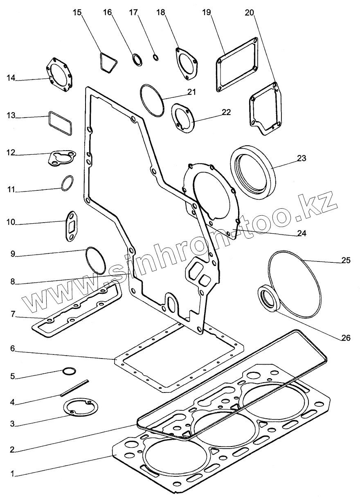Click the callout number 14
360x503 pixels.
point(10,78)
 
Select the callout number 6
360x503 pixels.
point(13,348)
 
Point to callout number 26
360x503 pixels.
point(346,338)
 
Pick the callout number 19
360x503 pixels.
point(206,12)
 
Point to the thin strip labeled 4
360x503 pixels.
point(74,389)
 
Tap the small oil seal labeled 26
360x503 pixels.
point(269,299)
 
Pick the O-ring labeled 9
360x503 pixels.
point(96,260)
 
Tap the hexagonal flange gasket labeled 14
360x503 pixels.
point(59,74)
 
